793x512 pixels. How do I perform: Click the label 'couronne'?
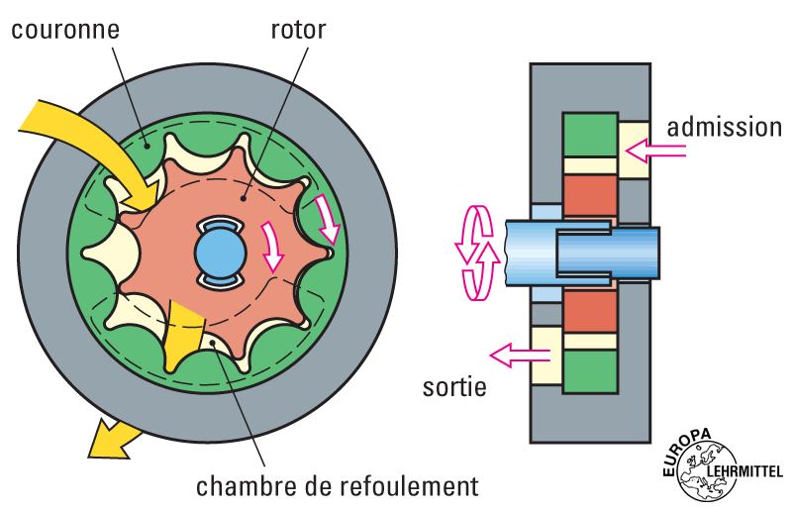(x=65, y=29)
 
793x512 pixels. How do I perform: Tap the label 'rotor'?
(x=298, y=29)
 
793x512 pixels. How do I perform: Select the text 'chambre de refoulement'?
(x=337, y=486)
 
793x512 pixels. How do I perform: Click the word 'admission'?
(x=724, y=127)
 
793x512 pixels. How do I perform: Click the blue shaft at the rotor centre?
(x=220, y=252)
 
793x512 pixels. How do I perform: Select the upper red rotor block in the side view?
(x=589, y=194)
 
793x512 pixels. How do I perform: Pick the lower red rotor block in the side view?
(x=589, y=311)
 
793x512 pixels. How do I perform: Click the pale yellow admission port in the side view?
(x=633, y=150)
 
